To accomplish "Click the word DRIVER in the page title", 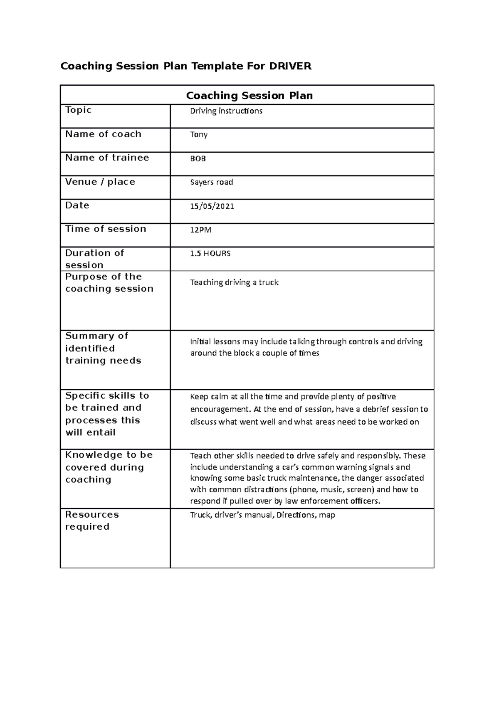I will click(290, 66).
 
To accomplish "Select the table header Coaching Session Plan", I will click(249, 96).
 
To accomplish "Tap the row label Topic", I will click(78, 110).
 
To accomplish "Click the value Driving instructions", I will click(226, 111).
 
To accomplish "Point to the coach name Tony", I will click(198, 135).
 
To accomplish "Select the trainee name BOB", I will click(198, 158).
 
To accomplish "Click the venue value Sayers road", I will click(211, 182).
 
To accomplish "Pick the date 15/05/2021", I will click(212, 206).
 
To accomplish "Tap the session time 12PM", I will click(200, 230).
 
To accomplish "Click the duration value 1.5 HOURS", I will click(210, 254).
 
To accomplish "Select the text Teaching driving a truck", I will click(234, 283).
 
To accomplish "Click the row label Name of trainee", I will click(107, 158).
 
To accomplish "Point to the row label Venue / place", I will click(100, 182).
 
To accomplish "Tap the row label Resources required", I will click(91, 521).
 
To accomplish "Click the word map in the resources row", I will click(327, 515).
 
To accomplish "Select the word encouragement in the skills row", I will click(219, 410).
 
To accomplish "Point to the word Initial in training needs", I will click(200, 342).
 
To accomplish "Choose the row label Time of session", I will click(106, 229).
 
